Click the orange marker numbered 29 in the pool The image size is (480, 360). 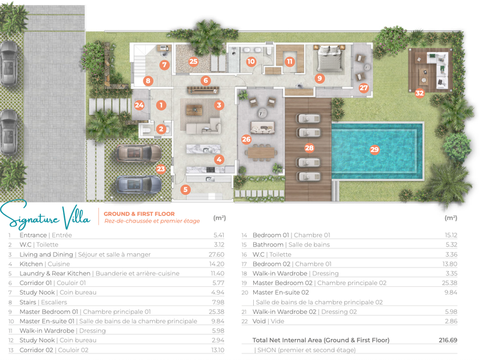pyautogui.click(x=374, y=149)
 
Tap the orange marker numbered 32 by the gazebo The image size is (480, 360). pyautogui.click(x=419, y=93)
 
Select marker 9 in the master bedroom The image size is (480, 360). pyautogui.click(x=320, y=79)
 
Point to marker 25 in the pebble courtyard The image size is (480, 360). pyautogui.click(x=193, y=62)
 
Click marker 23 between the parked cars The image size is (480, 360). pyautogui.click(x=161, y=169)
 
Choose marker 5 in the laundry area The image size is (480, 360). pyautogui.click(x=185, y=190)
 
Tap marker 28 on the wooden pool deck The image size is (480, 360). pyautogui.click(x=309, y=148)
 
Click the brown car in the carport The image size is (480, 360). pyautogui.click(x=139, y=153)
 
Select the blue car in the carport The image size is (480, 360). pyautogui.click(x=139, y=185)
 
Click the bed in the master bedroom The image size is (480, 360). pyautogui.click(x=329, y=58)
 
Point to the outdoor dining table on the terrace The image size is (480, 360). pyautogui.click(x=261, y=152)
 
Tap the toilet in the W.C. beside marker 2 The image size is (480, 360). pyautogui.click(x=146, y=130)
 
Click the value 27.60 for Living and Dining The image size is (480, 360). pyautogui.click(x=217, y=254)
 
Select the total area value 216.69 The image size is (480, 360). pyautogui.click(x=448, y=340)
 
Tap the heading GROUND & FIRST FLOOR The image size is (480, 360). pyautogui.click(x=139, y=214)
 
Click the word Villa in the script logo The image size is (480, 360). pyautogui.click(x=77, y=217)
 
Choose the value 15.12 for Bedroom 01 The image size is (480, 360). pyautogui.click(x=451, y=235)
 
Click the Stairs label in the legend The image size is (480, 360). pyautogui.click(x=28, y=302)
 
